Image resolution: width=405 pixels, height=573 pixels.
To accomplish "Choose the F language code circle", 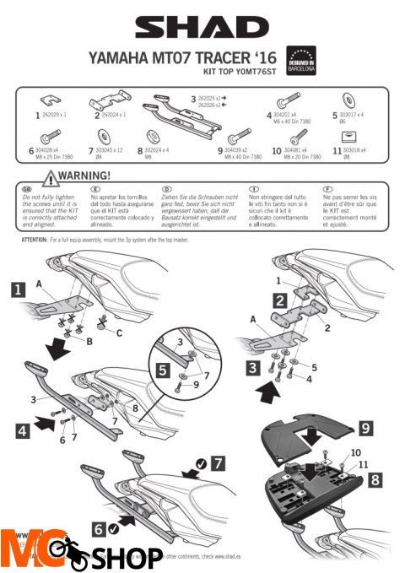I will [328, 190].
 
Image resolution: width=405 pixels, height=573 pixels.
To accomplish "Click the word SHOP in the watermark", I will [126, 556].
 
